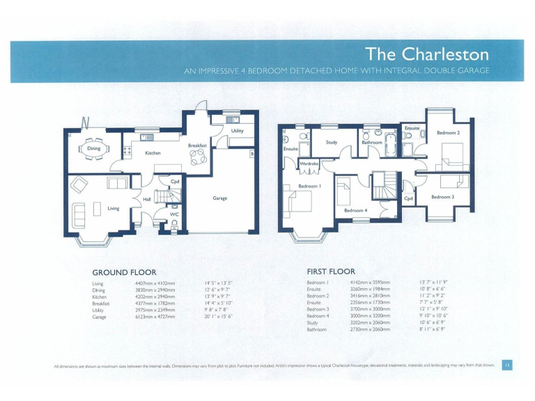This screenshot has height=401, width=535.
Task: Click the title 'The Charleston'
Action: coord(427,54)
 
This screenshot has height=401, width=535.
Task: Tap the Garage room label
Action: coord(219,198)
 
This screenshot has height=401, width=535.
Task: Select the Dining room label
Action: coord(93,148)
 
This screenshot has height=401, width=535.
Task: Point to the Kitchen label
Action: coord(153,152)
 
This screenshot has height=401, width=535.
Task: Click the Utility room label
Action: coord(238,130)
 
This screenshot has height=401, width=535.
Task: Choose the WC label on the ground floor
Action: coord(175,214)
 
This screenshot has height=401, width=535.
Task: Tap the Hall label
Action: coord(147,199)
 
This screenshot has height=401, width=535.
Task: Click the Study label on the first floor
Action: coord(332,143)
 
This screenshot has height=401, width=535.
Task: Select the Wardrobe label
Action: coord(309,164)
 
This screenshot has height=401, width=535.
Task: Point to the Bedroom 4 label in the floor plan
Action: coord(355,210)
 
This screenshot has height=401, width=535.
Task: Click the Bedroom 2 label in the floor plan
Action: coord(448,132)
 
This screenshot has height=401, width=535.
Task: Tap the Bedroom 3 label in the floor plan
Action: coord(442,197)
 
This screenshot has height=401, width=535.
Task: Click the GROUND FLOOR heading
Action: coord(124,272)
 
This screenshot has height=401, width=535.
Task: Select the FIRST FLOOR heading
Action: coord(331,272)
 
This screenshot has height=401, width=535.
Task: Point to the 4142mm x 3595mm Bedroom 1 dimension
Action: coord(370,283)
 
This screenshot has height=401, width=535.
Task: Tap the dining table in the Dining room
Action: coord(93,149)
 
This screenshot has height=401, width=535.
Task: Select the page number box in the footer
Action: coord(508,364)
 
